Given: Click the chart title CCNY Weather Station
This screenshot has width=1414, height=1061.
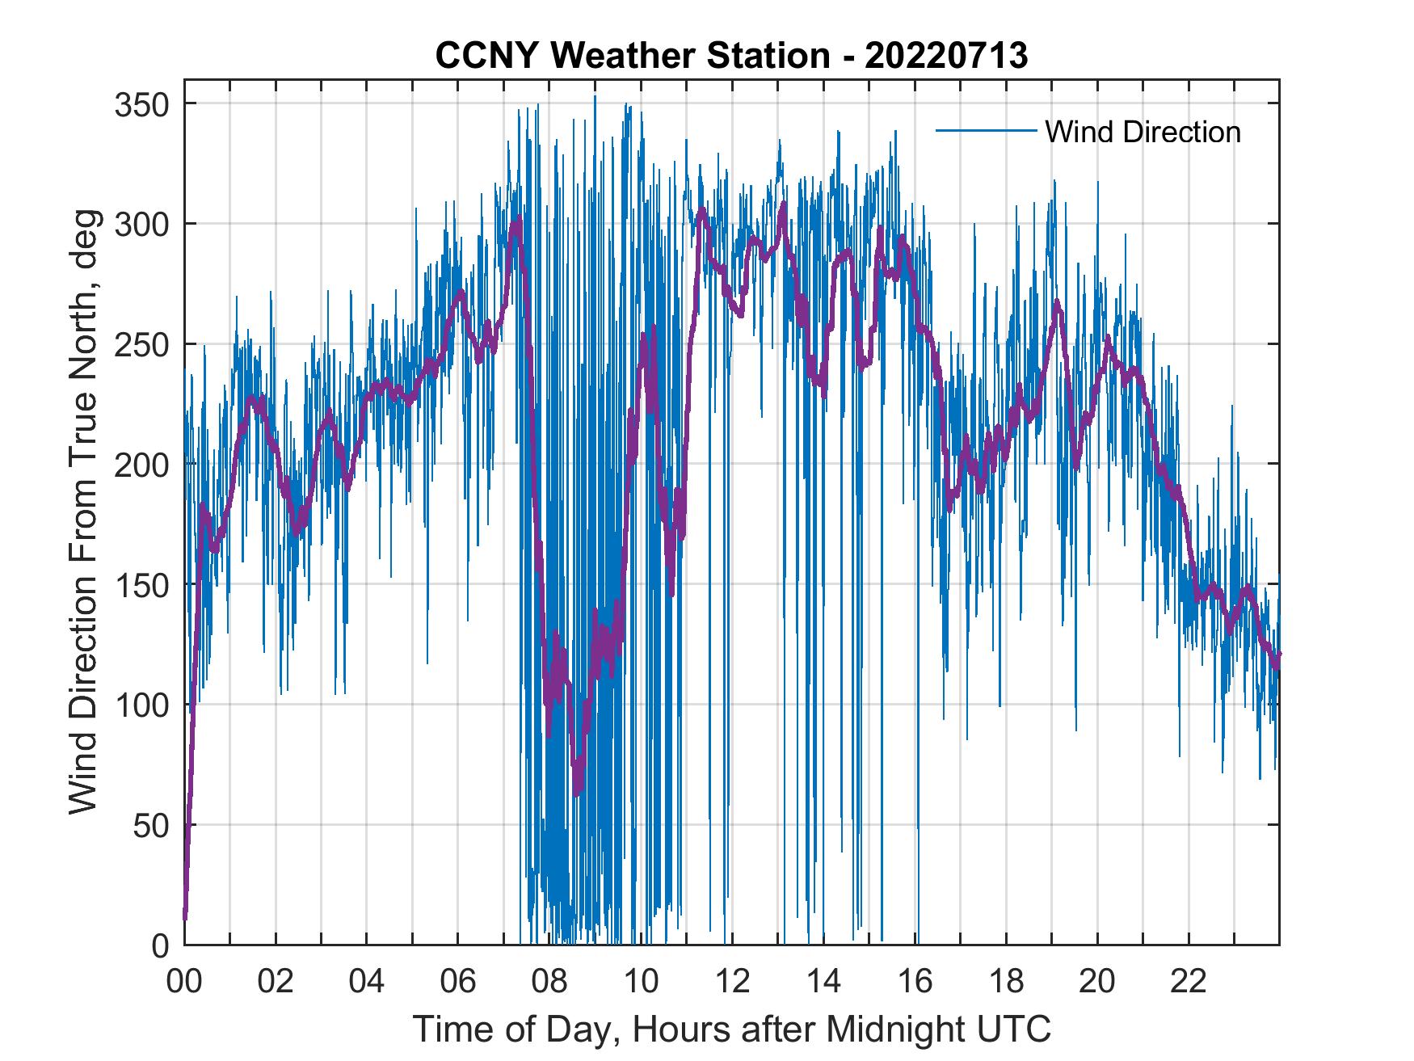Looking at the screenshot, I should tap(731, 55).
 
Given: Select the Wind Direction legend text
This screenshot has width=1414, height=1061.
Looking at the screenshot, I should tap(1143, 132).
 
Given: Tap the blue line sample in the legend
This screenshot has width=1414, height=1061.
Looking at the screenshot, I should tap(986, 130).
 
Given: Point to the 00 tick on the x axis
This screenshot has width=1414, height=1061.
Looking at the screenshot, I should tap(184, 982).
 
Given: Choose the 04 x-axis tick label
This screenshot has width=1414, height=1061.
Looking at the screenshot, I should tap(367, 982).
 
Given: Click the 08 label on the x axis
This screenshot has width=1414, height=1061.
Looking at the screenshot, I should tap(549, 982).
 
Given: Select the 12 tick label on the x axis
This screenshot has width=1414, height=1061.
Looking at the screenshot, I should tap(732, 982).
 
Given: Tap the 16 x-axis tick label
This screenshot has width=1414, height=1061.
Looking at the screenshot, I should tap(915, 982).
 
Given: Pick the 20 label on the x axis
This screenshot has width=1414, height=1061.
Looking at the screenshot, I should tap(1097, 982).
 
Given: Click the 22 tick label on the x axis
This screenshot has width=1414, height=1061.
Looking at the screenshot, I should tap(1189, 982).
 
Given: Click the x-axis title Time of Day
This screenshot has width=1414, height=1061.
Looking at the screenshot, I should tap(732, 1029).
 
